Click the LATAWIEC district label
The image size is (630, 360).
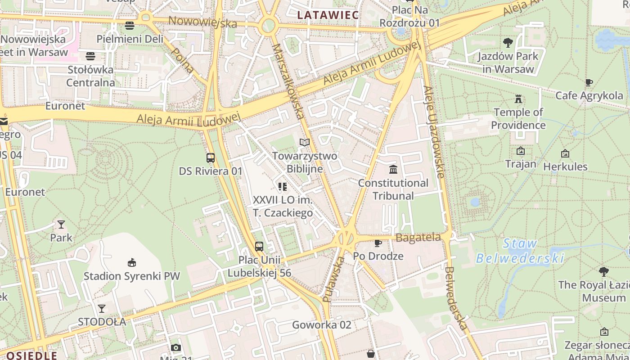coord(328,15)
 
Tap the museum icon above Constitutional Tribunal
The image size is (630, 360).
coord(393,170)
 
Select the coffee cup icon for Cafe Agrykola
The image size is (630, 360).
coord(589,82)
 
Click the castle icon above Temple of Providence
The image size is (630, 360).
coord(518,99)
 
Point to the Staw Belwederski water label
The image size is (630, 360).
coord(520,251)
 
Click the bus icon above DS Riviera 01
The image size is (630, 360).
coord(210,158)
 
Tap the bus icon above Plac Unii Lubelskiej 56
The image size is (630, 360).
coord(259,247)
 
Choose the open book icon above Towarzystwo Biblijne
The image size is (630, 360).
coord(305,143)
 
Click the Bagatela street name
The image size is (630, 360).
coord(418,237)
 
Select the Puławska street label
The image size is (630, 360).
coord(333,279)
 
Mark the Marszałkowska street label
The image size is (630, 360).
coord(288,81)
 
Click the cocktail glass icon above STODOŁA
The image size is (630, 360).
coord(102,309)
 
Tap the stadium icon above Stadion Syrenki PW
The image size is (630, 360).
coord(131,262)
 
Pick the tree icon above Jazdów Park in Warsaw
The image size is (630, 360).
coord(508,43)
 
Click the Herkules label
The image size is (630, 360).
coord(565,166)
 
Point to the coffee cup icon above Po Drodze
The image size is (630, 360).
coord(378,243)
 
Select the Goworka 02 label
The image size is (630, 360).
coord(321,325)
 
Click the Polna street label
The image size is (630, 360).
coord(183,60)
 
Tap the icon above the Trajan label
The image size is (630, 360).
coord(521,151)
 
